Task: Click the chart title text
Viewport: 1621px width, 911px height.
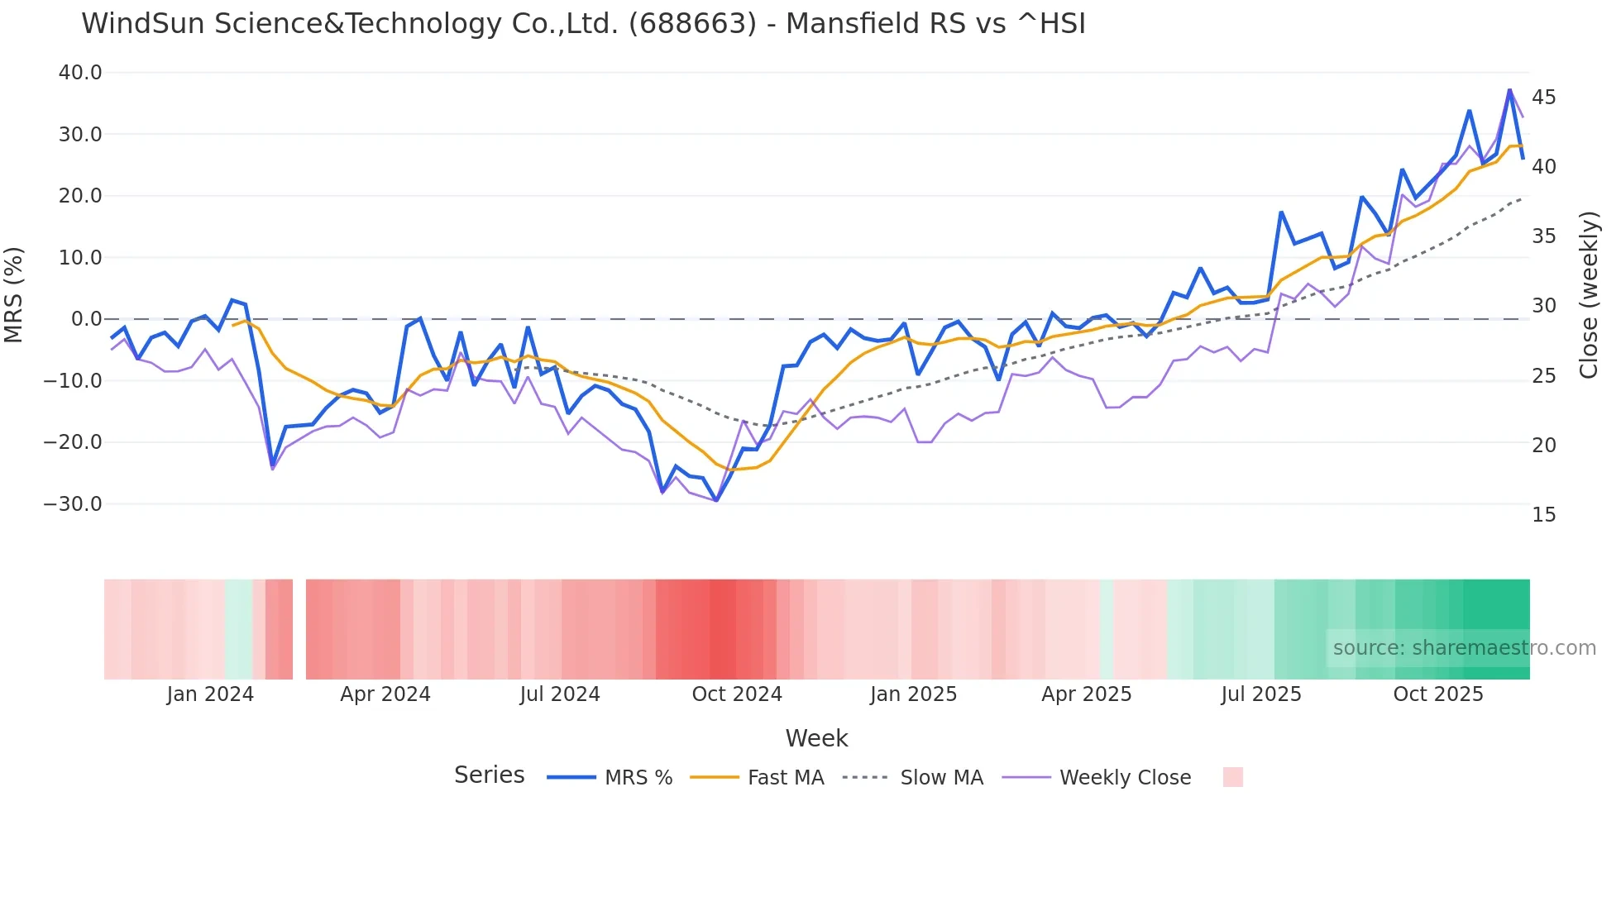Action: (583, 24)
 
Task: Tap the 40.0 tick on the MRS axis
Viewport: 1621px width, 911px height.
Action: (80, 73)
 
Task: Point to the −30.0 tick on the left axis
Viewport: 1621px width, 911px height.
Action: (73, 503)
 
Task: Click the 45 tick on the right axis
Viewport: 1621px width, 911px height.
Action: (1543, 98)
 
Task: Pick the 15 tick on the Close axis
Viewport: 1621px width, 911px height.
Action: (1543, 515)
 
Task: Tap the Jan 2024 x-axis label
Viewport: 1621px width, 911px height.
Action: (210, 694)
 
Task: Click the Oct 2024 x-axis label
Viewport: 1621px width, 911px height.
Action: (737, 694)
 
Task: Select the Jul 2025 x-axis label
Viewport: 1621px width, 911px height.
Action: (1261, 694)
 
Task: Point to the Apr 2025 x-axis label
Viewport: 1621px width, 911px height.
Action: (1086, 694)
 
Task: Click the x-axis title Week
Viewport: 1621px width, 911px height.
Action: (816, 738)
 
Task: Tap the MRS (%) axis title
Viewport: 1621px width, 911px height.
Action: (14, 294)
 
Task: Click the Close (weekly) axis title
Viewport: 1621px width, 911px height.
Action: (1588, 294)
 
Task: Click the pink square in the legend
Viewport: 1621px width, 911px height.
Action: (1232, 777)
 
